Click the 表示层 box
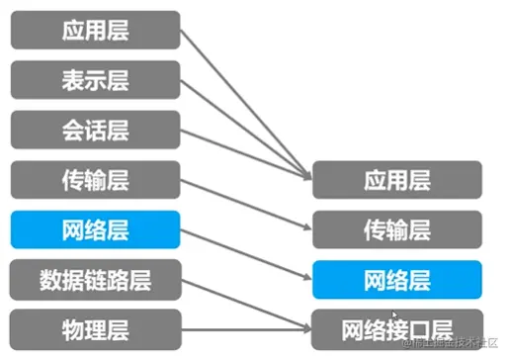pos(96,79)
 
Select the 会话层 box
pos(96,130)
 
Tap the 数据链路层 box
pos(96,278)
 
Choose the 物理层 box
pos(96,327)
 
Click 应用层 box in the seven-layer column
pos(96,30)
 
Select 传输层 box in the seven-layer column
pos(96,179)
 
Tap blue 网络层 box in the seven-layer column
pos(96,228)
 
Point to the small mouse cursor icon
pos(393,315)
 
